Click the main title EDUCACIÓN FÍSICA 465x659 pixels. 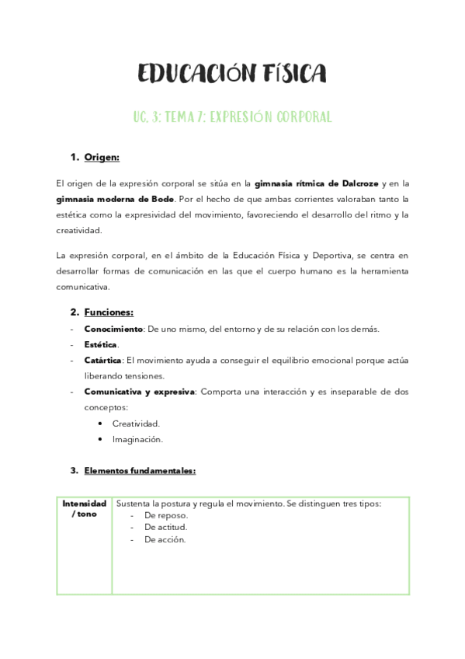point(232,74)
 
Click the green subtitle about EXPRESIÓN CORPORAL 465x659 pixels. point(232,117)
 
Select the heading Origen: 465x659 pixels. point(102,158)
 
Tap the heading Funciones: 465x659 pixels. point(109,312)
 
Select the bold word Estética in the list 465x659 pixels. point(101,344)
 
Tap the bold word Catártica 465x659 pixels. point(102,361)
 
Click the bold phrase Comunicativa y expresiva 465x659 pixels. point(140,392)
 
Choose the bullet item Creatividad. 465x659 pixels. point(136,424)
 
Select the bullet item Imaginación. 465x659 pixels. point(137,439)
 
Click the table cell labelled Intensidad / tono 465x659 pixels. point(84,509)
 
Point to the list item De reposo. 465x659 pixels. point(166,515)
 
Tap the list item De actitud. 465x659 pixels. point(165,528)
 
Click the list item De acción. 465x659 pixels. point(165,540)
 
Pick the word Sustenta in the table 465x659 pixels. point(134,504)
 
